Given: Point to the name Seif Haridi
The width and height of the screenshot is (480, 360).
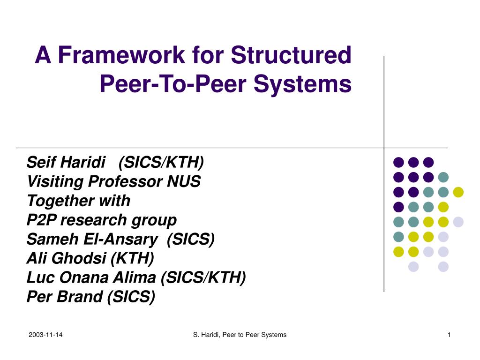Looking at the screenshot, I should click(x=66, y=163).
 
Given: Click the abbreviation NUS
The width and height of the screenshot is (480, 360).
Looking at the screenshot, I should click(x=184, y=181).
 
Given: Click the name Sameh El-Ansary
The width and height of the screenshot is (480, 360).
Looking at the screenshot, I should click(x=92, y=239).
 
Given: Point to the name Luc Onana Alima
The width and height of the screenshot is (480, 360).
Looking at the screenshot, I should click(x=91, y=277).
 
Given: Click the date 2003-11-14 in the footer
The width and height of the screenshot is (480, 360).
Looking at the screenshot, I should click(x=45, y=334).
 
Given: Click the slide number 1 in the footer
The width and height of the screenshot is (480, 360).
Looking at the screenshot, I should click(x=449, y=334).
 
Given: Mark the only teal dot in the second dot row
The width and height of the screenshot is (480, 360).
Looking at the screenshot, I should click(x=443, y=177).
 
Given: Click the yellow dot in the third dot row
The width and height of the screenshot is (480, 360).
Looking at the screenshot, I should click(x=458, y=192).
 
